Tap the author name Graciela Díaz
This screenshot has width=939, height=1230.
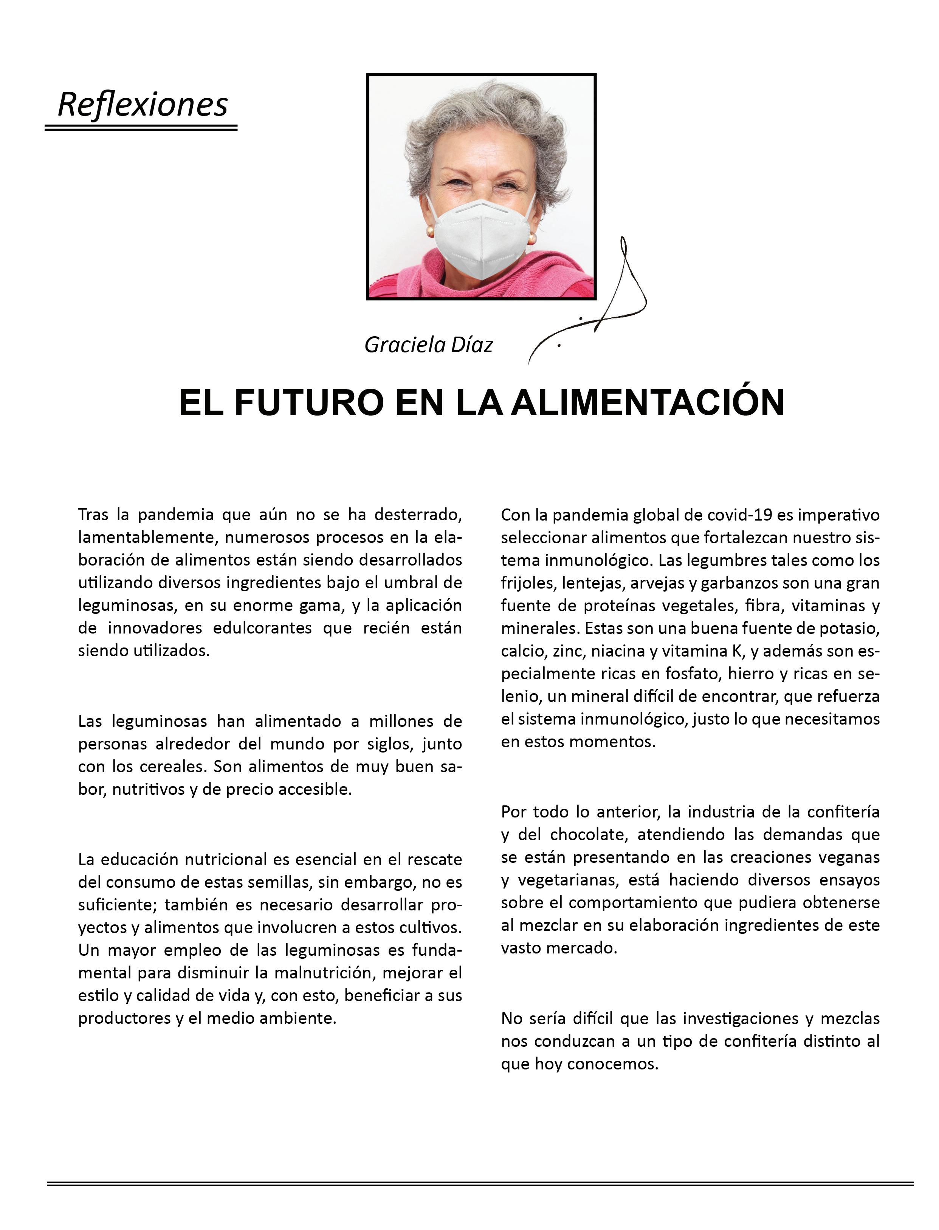428,345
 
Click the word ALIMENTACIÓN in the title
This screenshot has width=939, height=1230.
648,402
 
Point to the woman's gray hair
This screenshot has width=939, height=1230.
481,106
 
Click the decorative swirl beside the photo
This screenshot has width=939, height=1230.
620,301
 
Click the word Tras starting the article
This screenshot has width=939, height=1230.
92,515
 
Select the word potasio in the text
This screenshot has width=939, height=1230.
849,628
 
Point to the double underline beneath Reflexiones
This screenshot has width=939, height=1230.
141,128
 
